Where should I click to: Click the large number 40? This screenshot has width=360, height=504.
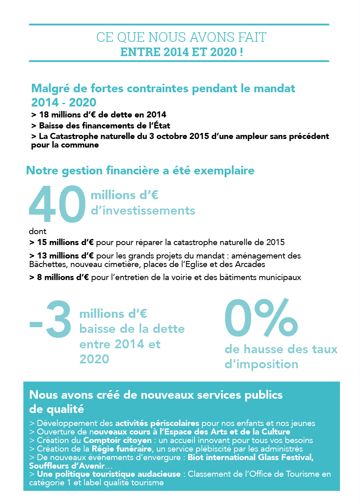(x=57, y=204)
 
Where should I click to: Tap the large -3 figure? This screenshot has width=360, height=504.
(x=50, y=319)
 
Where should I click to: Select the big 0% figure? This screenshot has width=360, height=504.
(x=261, y=317)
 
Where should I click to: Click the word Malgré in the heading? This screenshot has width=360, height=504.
(x=51, y=89)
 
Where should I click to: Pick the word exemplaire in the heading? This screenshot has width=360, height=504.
(x=224, y=171)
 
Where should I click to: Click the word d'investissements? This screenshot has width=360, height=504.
(x=143, y=211)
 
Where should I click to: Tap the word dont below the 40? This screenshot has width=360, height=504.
(x=37, y=231)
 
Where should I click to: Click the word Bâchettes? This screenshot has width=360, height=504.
(x=48, y=264)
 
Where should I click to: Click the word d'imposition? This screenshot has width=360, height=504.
(x=261, y=365)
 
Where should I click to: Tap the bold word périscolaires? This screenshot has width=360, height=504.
(x=174, y=424)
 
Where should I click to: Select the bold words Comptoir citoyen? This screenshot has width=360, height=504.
(x=117, y=440)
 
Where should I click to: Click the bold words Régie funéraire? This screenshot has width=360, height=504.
(x=121, y=449)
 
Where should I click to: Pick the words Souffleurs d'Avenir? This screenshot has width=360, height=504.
(x=67, y=466)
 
